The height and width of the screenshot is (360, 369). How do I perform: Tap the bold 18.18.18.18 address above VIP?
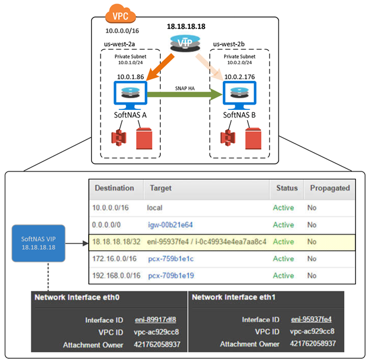point(187,27)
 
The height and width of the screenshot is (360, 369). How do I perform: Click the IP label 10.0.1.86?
point(132,76)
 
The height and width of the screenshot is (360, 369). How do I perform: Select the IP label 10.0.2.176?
point(241,76)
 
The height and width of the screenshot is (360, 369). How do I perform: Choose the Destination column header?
point(115,188)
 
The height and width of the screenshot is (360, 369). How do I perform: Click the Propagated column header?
point(328,188)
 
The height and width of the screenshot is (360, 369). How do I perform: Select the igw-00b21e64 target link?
point(170,225)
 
